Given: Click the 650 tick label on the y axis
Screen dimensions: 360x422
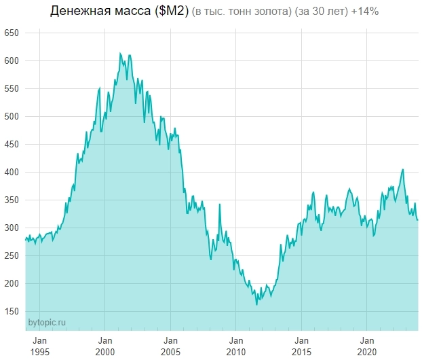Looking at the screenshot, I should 12,33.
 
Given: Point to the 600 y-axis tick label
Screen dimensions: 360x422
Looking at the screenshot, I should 12,61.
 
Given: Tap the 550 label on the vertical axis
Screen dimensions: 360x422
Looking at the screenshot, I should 12,89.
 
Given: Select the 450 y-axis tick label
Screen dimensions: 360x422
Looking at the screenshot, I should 12,145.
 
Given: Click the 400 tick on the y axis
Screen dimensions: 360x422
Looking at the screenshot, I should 12,173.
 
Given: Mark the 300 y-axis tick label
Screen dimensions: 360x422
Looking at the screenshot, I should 12,228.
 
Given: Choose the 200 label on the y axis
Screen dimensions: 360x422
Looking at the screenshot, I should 12,284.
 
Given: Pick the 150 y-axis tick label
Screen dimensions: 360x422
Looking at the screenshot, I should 12,312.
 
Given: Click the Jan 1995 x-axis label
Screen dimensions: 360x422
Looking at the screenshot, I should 39,345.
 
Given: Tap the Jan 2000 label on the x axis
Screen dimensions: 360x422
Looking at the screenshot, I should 105,345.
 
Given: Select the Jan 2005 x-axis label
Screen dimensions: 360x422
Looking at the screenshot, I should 170,345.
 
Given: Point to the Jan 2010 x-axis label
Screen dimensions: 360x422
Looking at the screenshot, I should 236,345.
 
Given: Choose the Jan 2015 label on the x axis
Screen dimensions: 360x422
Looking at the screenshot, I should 301,345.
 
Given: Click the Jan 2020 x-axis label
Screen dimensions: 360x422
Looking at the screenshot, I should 367,345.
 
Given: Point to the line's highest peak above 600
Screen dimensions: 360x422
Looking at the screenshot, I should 120,53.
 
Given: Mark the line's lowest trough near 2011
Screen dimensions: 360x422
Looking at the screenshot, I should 256,304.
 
